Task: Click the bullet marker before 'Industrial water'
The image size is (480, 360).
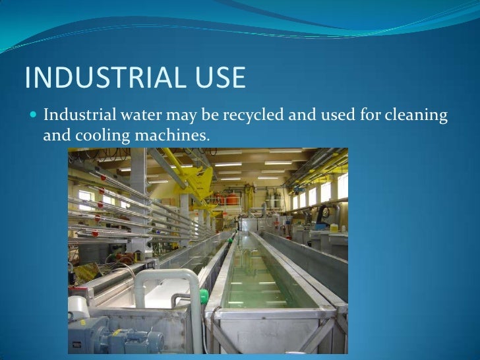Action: (x=34, y=117)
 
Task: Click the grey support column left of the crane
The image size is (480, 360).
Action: (x=138, y=191)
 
